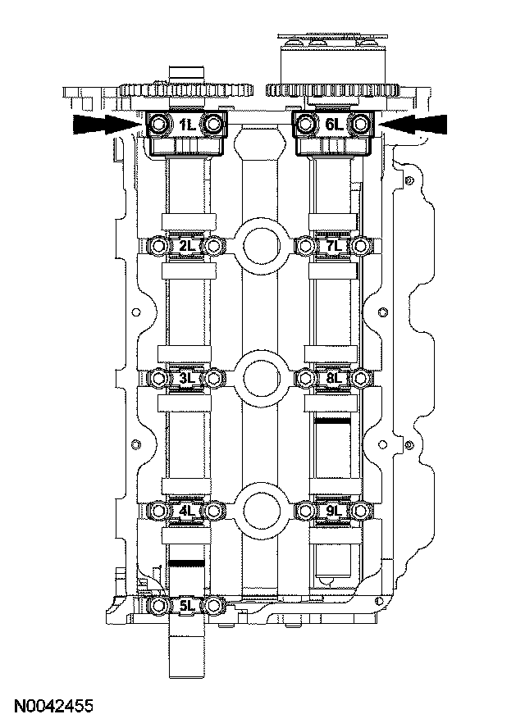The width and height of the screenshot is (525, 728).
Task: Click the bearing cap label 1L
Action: tap(186, 125)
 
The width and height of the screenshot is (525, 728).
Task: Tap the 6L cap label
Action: tap(333, 125)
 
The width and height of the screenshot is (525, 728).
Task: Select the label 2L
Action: tap(186, 245)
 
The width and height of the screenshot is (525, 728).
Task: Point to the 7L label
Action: tap(333, 245)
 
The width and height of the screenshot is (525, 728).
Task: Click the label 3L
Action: tap(186, 378)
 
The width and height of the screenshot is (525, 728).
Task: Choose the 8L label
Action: tap(333, 378)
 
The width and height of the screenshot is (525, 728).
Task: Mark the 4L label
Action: tap(186, 512)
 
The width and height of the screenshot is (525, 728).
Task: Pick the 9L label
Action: tap(333, 512)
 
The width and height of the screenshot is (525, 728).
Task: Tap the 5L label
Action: tap(186, 607)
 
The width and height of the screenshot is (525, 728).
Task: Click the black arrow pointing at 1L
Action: tap(103, 124)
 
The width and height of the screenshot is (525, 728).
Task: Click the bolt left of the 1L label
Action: tap(159, 125)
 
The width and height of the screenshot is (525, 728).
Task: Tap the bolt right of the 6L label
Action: tap(360, 125)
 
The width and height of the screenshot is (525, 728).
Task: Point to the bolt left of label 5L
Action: tap(159, 607)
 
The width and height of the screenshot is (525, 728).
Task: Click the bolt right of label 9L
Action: tap(360, 512)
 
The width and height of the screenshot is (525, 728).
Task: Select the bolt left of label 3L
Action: tap(159, 378)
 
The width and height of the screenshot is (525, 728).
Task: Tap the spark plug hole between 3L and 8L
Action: tap(261, 376)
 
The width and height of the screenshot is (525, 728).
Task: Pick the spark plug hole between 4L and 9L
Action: tap(261, 509)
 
